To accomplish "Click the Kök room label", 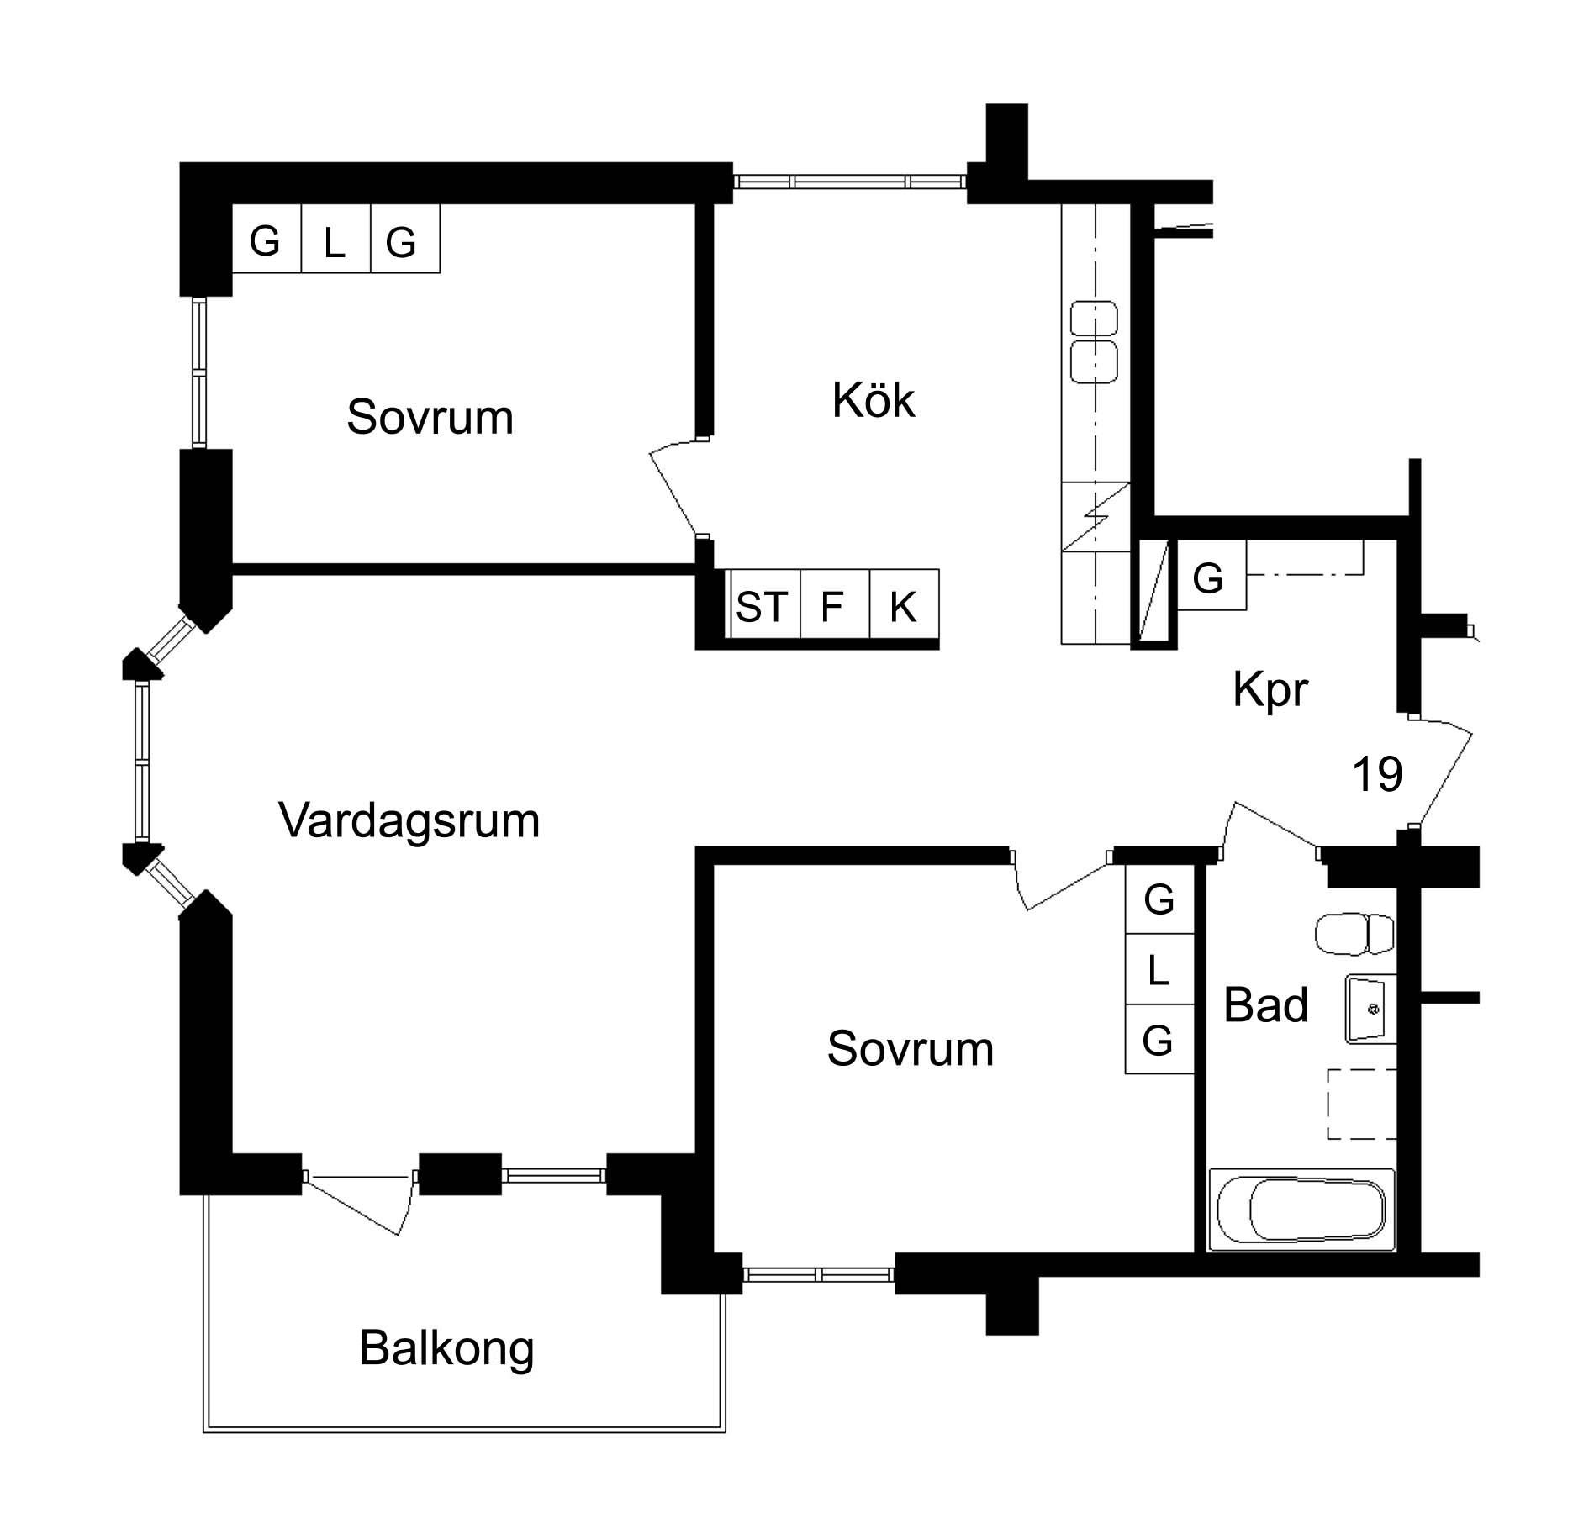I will (x=873, y=400).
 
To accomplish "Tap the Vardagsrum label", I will (x=409, y=820).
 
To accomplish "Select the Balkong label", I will (x=446, y=1347).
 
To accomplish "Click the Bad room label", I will (x=1265, y=1004).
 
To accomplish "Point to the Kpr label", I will (x=1270, y=689).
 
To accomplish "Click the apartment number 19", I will (x=1377, y=774).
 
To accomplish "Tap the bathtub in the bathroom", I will (x=1301, y=1210).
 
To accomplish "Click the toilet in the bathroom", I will (x=1354, y=934).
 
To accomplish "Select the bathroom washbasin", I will (x=1370, y=1009).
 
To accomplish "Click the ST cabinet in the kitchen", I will (x=762, y=605).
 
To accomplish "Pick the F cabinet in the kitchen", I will (x=832, y=605).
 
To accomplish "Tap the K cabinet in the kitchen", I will (x=903, y=605).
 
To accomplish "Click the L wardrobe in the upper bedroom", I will (x=335, y=243).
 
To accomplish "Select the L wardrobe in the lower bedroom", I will (x=1159, y=971).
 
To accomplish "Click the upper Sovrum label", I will (x=430, y=417).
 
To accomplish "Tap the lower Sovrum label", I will (x=910, y=1049).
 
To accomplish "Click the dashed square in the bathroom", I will (x=1361, y=1104).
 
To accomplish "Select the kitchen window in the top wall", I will (x=849, y=181).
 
